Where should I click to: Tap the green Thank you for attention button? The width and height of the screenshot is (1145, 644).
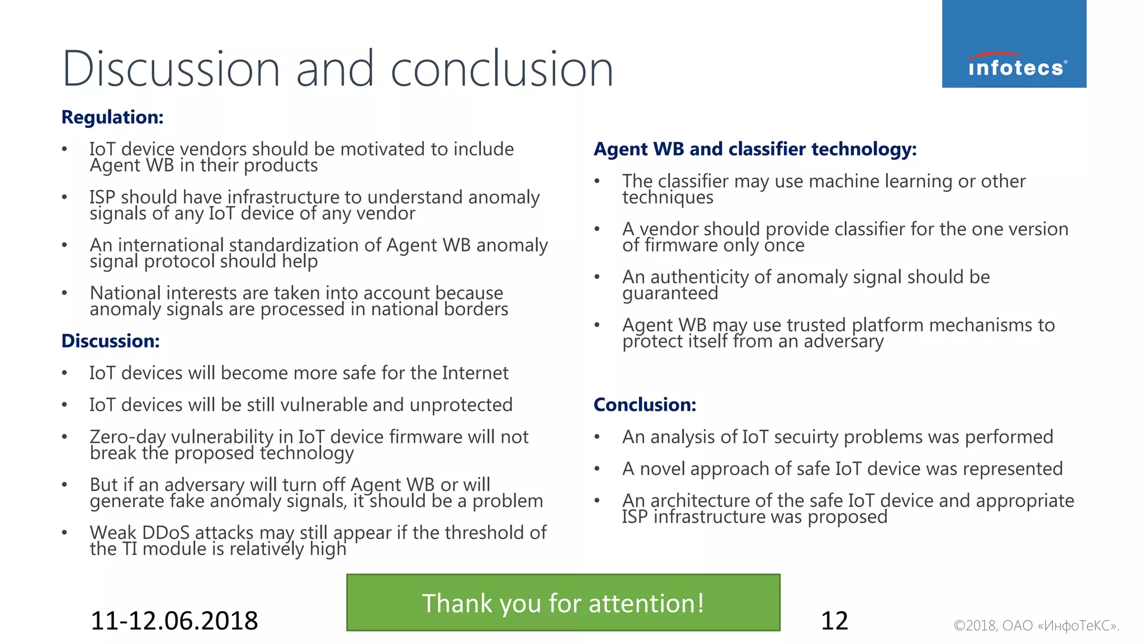(x=563, y=603)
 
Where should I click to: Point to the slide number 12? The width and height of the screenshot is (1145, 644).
(x=834, y=621)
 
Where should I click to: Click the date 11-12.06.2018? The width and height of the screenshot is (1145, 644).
(x=174, y=621)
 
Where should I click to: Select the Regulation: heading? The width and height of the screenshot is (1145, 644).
(x=112, y=117)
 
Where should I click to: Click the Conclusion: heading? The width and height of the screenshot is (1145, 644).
(x=645, y=405)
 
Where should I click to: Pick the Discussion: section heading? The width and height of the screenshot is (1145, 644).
(x=111, y=341)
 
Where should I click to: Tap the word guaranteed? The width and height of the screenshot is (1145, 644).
(x=670, y=293)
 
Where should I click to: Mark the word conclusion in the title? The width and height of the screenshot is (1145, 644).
(x=501, y=69)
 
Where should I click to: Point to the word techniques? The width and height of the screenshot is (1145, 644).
(x=668, y=197)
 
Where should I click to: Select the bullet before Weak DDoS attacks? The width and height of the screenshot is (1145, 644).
(x=65, y=533)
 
